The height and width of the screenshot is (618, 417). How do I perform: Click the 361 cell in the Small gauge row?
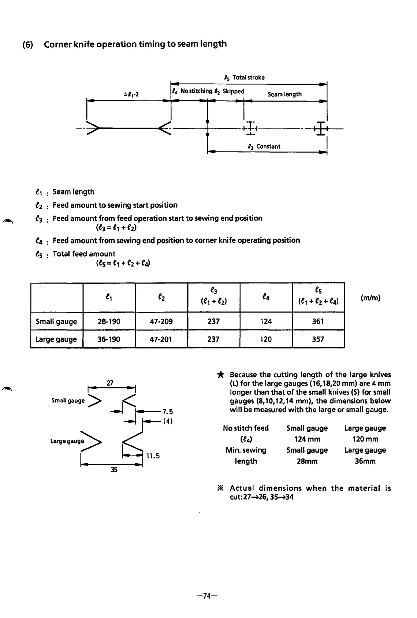point(318,321)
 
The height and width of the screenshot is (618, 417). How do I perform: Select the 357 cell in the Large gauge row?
point(318,339)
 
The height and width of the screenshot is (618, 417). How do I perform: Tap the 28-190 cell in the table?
point(109,322)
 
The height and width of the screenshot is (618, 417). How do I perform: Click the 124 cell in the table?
point(266,322)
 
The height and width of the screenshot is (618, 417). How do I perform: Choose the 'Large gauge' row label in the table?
point(56,339)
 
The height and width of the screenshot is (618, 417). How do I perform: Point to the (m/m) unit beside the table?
point(370,298)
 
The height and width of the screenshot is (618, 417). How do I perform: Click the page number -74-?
point(207,596)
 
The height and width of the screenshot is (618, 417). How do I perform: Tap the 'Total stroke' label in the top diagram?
point(249,77)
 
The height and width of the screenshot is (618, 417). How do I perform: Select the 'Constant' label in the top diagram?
point(268,146)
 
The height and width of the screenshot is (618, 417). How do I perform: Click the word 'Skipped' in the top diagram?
point(233,91)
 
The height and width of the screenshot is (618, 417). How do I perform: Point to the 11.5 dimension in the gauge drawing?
point(153,456)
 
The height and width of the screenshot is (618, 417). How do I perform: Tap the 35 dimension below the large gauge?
point(114,469)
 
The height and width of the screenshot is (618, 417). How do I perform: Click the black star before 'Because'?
point(220,375)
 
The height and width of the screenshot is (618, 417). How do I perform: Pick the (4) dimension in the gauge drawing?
point(168,421)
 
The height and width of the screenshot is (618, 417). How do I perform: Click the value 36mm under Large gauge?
point(365,461)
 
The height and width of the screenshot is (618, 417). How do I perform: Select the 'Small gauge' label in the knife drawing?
point(68,401)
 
